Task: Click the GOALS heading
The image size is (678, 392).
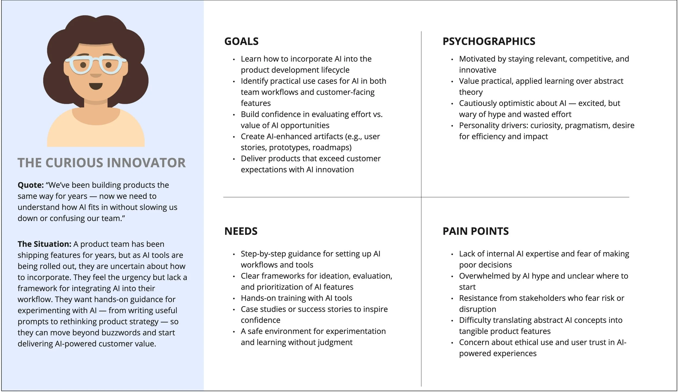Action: click(241, 41)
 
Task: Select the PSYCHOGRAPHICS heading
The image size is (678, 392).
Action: click(489, 41)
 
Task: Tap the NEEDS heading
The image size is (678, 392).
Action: click(241, 231)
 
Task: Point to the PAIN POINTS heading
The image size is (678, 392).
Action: click(475, 231)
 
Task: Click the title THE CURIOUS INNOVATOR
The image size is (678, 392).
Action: click(102, 163)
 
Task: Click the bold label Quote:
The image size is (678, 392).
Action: click(31, 185)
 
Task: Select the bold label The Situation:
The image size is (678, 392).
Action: click(44, 244)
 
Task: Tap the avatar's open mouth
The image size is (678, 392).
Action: click(96, 86)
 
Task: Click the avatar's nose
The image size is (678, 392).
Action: click(95, 75)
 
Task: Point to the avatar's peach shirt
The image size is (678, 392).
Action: click(95, 136)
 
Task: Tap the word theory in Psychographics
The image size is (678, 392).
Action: click(471, 92)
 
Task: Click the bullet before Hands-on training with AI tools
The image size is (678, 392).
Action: click(234, 298)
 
